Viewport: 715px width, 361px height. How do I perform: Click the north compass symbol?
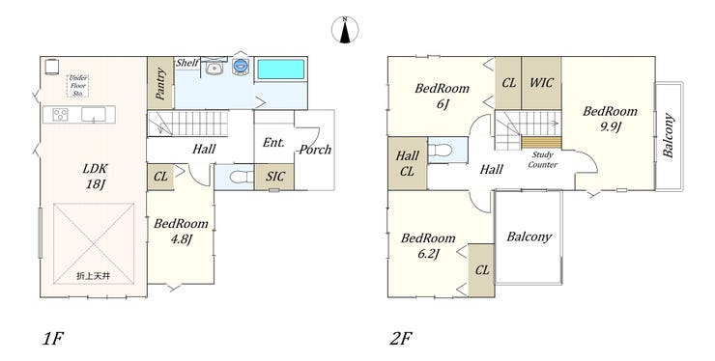345,30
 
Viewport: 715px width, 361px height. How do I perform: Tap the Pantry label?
160,83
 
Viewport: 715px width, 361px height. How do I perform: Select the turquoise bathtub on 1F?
280,69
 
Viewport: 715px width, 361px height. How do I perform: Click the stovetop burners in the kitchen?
60,114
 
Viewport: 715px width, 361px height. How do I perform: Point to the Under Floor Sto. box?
78,86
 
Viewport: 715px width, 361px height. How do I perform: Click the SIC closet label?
275,177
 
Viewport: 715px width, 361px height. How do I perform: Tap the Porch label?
315,150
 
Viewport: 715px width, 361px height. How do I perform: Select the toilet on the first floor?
242,177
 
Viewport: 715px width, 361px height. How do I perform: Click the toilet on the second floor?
441,150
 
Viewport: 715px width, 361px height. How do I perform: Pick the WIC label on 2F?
542,83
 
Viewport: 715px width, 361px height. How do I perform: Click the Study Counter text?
543,159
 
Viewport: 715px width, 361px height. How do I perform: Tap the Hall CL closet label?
407,163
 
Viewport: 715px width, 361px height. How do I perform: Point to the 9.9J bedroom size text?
610,126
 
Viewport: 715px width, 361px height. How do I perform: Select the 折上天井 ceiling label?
93,276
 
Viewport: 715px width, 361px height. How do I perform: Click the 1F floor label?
52,339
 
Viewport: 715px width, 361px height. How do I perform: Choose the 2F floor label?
401,339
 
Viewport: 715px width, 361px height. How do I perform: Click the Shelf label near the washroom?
186,63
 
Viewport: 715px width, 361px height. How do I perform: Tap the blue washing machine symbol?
240,66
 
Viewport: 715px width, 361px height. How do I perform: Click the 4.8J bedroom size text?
181,238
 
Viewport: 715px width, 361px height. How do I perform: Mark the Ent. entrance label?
273,142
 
